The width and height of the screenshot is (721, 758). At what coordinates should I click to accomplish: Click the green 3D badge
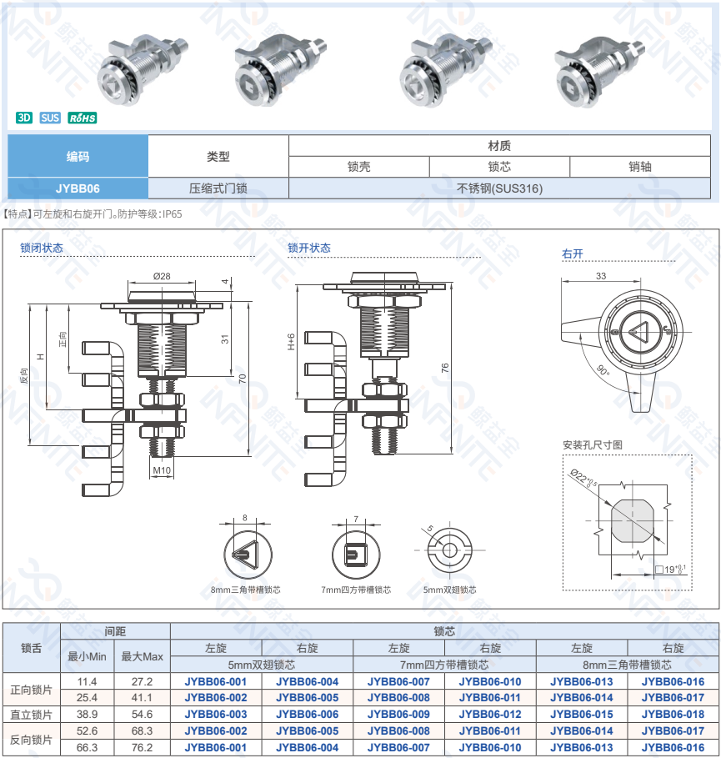pos(24,118)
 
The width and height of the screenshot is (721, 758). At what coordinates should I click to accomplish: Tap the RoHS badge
pos(83,118)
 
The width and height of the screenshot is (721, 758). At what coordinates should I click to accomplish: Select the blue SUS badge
pos(50,118)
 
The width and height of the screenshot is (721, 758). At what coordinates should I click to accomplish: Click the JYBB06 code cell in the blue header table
pos(78,188)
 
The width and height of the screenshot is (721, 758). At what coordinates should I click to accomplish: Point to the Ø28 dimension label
pos(162,276)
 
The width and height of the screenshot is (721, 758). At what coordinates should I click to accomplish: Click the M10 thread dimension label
pos(162,470)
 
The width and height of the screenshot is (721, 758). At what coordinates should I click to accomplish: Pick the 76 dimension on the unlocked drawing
pos(445,368)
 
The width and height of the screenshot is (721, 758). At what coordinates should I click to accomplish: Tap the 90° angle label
pos(603,371)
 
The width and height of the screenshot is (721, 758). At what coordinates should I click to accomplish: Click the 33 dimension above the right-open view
pos(601,275)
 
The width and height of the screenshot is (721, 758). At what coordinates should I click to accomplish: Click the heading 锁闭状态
pos(42,248)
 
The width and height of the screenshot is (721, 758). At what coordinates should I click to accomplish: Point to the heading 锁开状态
pos(309,248)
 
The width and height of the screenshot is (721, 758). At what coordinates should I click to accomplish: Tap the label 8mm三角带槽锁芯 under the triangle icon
pos(246,590)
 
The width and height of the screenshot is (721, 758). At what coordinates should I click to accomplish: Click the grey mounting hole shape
pos(633,521)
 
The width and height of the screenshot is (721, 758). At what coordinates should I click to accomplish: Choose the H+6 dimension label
pos(291,341)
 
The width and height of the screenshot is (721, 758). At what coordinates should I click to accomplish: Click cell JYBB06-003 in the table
pos(216,714)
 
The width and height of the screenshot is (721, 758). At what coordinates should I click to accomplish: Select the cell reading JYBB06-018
pos(673,714)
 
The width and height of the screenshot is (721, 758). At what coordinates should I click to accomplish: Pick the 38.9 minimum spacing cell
pos(87,714)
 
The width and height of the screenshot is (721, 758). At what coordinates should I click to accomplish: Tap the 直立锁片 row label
pos(32,714)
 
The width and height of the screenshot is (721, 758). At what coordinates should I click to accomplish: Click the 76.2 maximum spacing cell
pos(142,747)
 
